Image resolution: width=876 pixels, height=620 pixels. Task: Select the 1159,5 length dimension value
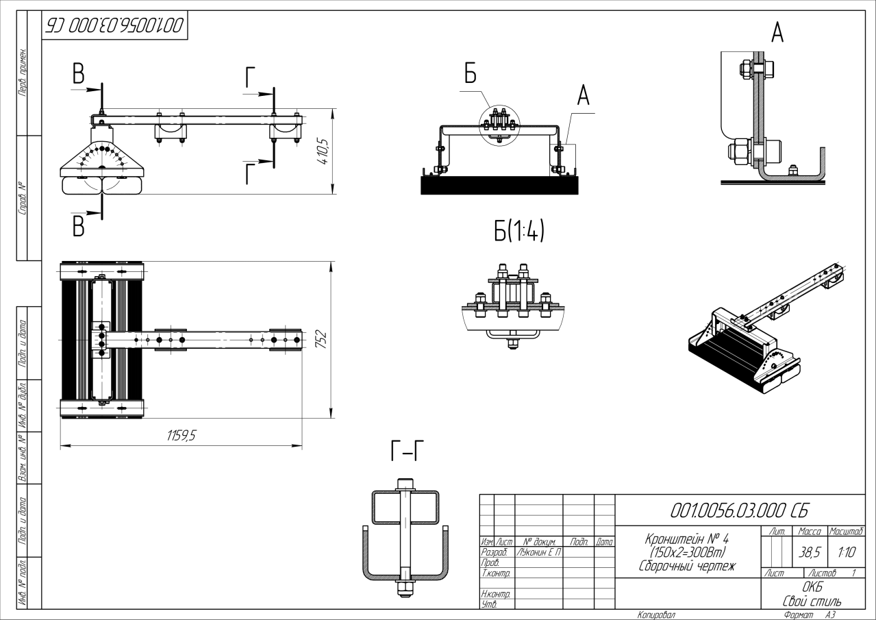point(181,436)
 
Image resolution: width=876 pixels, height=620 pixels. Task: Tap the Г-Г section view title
point(407,451)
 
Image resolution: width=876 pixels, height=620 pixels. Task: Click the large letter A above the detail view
point(777,32)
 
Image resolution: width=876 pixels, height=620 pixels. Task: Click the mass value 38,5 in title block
point(809,551)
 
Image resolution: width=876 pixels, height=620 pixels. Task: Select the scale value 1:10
point(845,551)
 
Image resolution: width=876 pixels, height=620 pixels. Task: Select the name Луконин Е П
point(538,551)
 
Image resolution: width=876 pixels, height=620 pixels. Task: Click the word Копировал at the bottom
point(655,615)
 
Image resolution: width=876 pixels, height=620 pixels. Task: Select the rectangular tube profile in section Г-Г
point(405,508)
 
